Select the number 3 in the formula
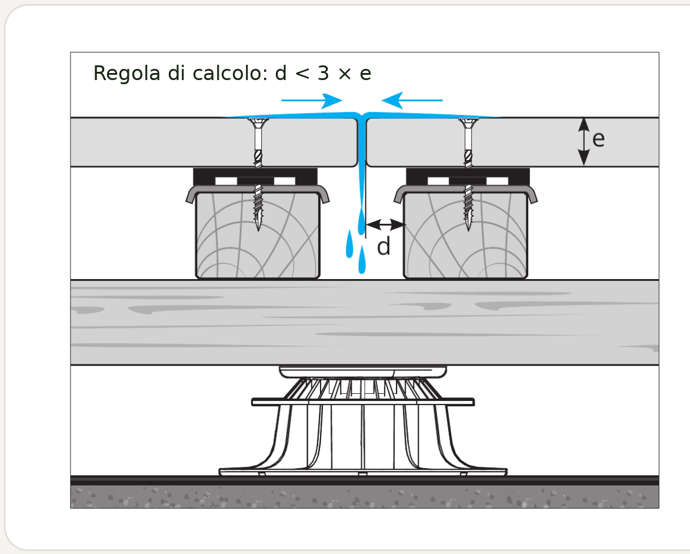(324, 73)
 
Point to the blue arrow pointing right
(312, 101)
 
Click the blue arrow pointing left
(412, 101)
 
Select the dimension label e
(598, 140)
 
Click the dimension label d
(384, 246)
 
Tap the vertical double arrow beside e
(584, 141)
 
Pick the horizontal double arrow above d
(385, 224)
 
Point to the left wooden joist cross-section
(258, 235)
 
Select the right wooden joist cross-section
(465, 235)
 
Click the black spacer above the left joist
(255, 177)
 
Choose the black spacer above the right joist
(468, 177)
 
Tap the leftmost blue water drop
(349, 244)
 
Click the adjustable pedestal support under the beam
(363, 420)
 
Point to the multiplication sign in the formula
(345, 74)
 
